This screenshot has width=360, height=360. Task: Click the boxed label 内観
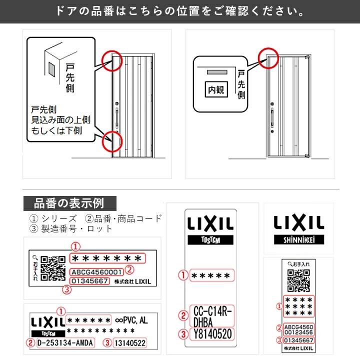[x=216, y=89]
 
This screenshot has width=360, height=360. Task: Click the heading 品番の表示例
[x=69, y=203]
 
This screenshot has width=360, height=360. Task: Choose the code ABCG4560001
[x=96, y=272]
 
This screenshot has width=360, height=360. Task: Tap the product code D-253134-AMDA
[x=65, y=343]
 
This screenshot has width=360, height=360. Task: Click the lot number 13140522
[x=130, y=343]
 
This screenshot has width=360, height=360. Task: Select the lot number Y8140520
[x=212, y=334]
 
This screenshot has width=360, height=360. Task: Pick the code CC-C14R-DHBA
[x=212, y=316]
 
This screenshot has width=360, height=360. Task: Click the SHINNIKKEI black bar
[x=299, y=239]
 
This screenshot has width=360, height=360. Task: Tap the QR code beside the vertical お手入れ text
[x=53, y=268]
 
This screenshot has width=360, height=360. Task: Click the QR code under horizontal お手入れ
[x=298, y=280]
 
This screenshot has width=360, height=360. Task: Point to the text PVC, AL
[x=135, y=320]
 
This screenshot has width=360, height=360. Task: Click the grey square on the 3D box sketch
[x=52, y=69]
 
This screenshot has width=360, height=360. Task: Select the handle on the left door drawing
[x=117, y=118]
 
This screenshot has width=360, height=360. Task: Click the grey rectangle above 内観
[x=217, y=72]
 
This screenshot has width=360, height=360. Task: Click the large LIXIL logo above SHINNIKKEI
[x=299, y=222]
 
